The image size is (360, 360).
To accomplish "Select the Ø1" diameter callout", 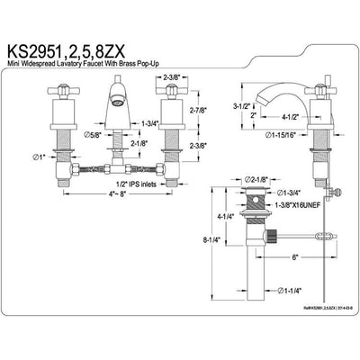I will click(x=38, y=159).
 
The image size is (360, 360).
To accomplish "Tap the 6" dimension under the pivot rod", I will click(x=296, y=255).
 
